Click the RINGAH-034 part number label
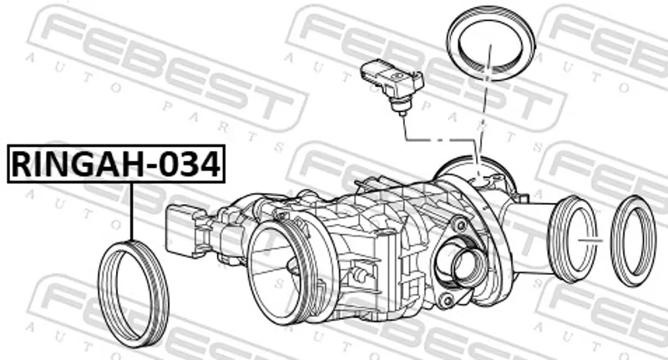[x=116, y=164]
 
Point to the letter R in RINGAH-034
[x=21, y=165]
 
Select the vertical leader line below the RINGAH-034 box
[x=132, y=211]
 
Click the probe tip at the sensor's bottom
[x=401, y=112]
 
